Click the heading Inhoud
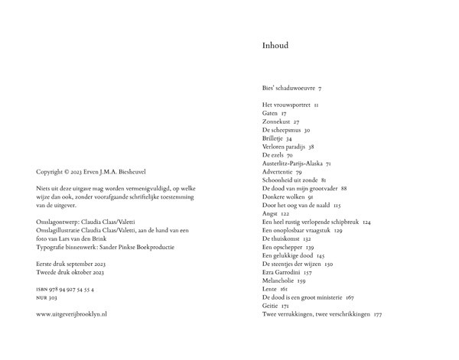tap(275, 46)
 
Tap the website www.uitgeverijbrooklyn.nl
tap(71, 314)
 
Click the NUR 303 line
tap(48, 299)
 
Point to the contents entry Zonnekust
tap(276, 122)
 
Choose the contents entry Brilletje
tap(273, 138)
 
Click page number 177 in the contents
tap(377, 314)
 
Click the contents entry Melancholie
tap(279, 281)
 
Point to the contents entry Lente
tap(270, 289)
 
